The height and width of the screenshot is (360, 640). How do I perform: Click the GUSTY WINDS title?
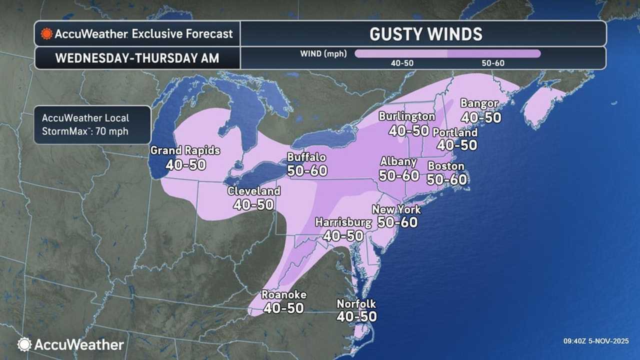click(425, 34)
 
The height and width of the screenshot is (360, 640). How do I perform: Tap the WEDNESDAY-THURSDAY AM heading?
click(137, 58)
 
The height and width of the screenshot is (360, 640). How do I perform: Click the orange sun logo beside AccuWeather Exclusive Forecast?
click(47, 34)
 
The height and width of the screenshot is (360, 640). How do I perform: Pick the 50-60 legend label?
click(493, 63)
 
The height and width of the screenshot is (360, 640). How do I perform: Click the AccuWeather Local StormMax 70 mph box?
click(92, 125)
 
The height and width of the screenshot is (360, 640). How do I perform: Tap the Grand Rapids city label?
click(185, 150)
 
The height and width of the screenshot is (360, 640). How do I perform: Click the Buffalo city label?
click(306, 157)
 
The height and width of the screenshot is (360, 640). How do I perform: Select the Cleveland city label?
click(253, 191)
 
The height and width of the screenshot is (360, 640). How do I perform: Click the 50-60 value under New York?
click(397, 222)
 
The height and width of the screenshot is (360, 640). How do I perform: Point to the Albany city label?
click(398, 161)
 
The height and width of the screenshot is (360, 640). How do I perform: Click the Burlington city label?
click(406, 116)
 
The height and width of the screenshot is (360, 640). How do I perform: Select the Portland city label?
click(455, 132)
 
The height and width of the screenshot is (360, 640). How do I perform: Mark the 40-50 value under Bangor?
click(480, 117)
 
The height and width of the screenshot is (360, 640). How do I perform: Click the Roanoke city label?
click(284, 294)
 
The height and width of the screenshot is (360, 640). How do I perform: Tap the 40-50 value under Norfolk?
click(356, 316)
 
